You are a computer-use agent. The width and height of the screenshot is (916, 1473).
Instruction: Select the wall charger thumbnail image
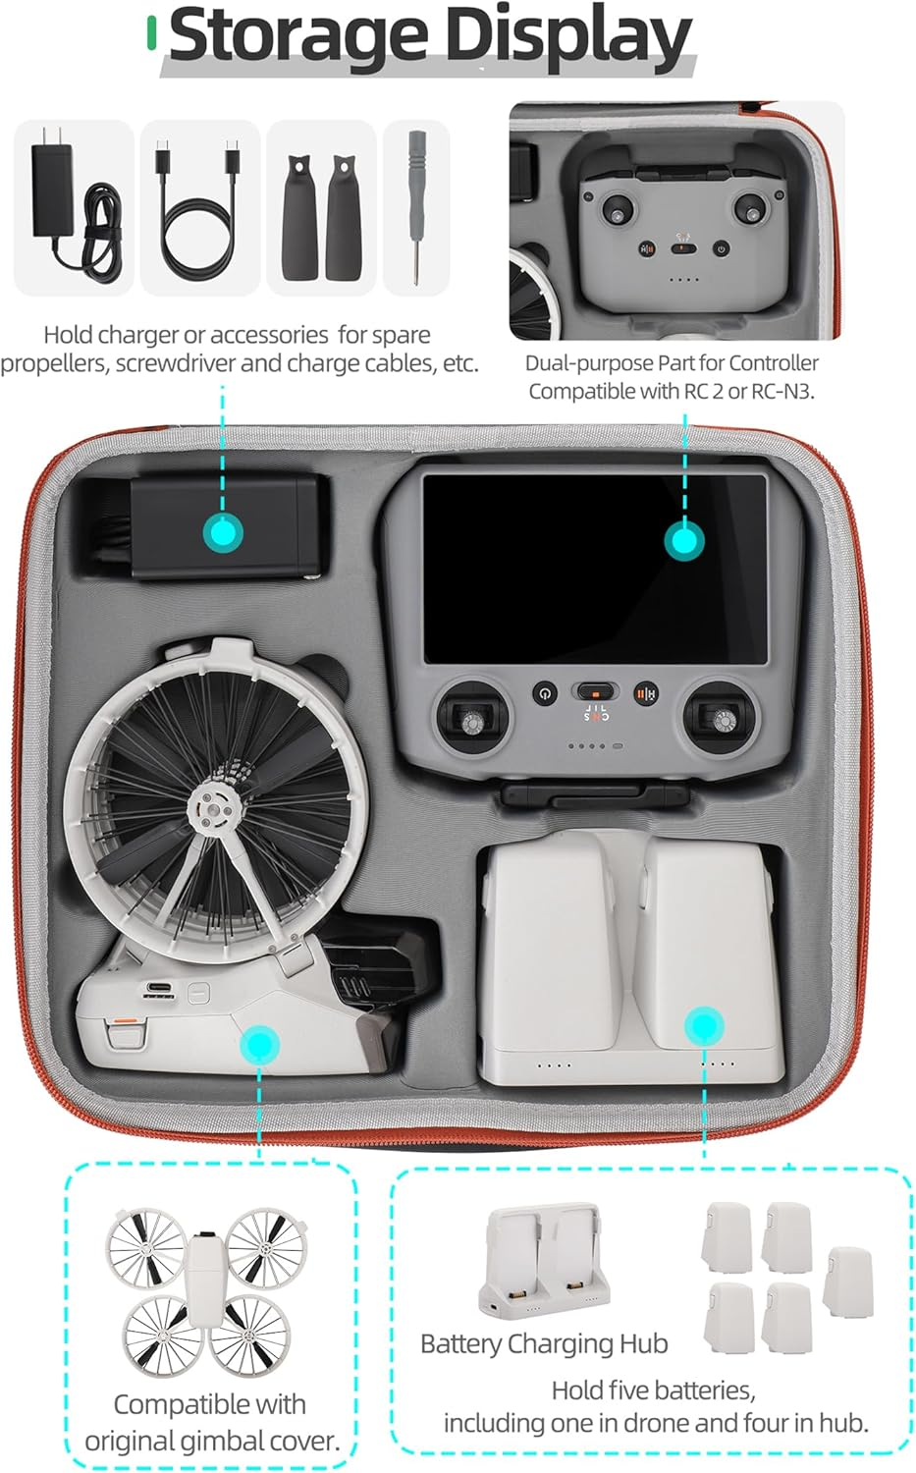75,208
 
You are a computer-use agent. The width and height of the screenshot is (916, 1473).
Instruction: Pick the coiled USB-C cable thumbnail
200,208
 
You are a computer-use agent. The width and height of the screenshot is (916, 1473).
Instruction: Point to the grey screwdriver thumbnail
416,208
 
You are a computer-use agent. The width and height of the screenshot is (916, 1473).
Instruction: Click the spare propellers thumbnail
322,208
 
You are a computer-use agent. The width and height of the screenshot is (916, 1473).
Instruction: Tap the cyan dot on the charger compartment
223,532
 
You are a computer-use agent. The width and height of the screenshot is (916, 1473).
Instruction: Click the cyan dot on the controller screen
684,541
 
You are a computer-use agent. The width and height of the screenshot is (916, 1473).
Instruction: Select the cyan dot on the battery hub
704,1026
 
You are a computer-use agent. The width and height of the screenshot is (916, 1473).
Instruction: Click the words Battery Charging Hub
544,1343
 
